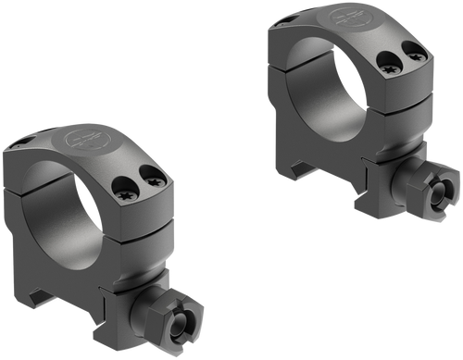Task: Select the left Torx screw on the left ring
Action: [x=125, y=194]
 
